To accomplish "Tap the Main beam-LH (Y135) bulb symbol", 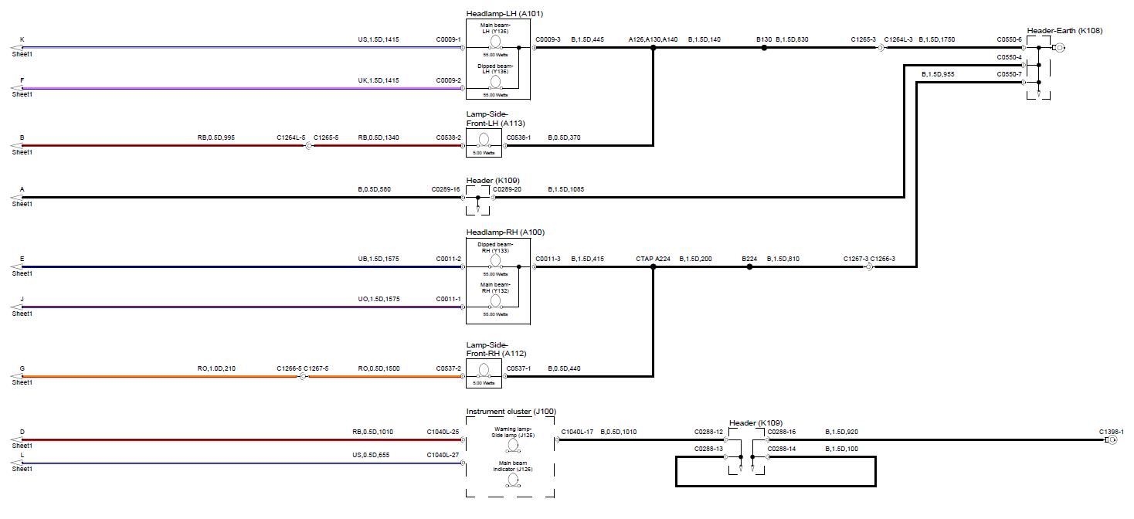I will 496,42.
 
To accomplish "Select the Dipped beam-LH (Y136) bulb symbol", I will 496,82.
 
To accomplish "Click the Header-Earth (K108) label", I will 1064,31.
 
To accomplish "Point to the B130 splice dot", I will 764,48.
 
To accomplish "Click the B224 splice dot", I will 749,267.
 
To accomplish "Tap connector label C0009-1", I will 448,39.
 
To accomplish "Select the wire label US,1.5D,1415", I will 379,39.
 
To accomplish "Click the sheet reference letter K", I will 22,39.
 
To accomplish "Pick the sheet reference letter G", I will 22,369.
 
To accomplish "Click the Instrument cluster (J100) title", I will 511,412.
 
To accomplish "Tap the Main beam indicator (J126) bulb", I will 513,479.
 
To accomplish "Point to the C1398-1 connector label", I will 1111,432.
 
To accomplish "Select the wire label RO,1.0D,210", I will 216,369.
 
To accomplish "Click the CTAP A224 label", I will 653,259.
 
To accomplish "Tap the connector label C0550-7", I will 1009,74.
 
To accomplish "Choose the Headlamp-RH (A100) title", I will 501,232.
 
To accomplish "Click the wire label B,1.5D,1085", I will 566,189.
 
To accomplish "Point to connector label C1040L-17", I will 577,432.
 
